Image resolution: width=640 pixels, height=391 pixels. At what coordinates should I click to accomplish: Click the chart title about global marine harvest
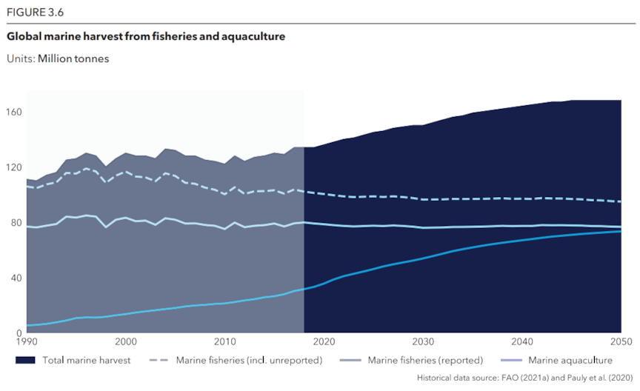tap(146, 36)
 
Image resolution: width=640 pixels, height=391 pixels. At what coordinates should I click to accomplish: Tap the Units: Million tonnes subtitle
tap(57, 59)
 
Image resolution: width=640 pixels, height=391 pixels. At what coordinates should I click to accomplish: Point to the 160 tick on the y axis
tap(14, 113)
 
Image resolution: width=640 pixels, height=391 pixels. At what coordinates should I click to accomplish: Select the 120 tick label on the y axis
tap(14, 168)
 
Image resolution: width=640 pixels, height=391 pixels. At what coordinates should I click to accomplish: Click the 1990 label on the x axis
tap(27, 342)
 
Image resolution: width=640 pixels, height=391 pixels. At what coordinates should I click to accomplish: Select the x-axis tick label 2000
tap(126, 342)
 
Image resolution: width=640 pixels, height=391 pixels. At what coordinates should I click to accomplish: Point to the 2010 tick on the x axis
tap(225, 342)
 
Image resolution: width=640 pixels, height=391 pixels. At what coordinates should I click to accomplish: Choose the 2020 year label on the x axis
tap(324, 342)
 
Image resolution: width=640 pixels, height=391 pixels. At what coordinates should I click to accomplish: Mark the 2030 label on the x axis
tap(423, 342)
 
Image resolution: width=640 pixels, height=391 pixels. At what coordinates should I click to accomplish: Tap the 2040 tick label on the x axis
tap(522, 342)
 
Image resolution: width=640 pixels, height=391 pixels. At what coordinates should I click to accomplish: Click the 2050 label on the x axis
tap(621, 342)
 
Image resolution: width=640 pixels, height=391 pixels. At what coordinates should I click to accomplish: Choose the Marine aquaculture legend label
tap(570, 361)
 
